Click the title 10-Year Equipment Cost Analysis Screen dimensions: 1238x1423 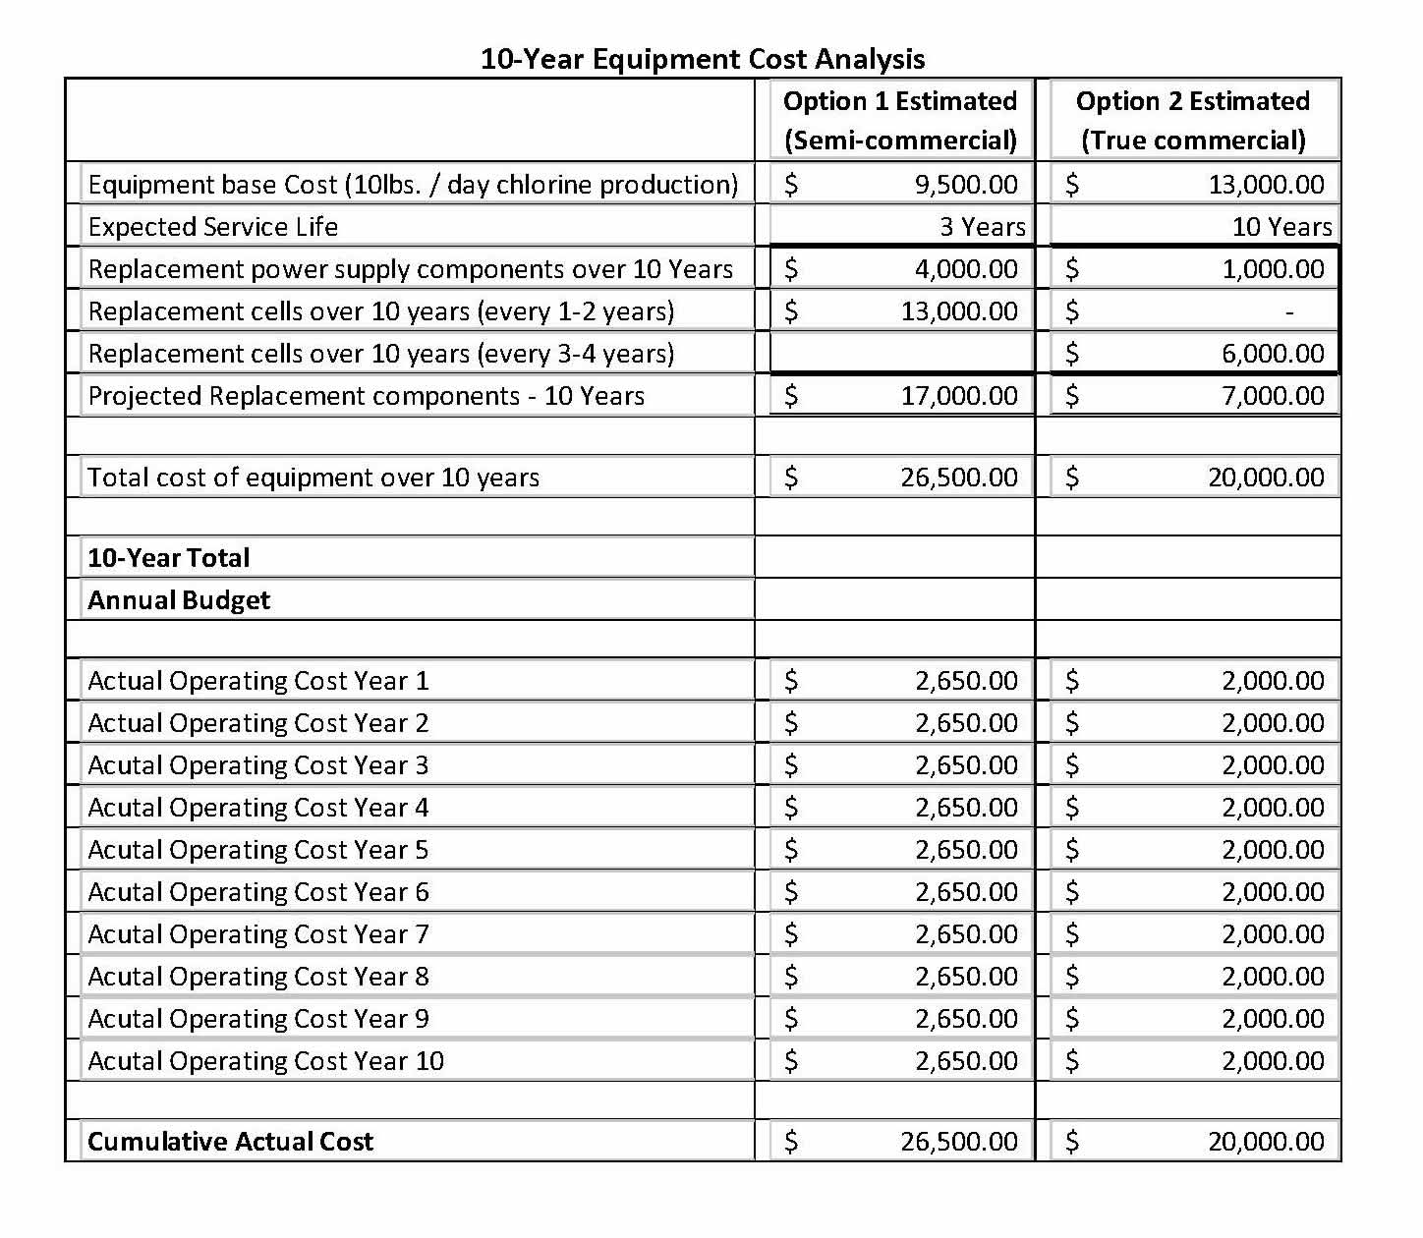703,59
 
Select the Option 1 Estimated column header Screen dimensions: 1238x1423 899,120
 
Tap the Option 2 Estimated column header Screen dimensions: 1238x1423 1192,120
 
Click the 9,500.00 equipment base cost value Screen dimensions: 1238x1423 966,185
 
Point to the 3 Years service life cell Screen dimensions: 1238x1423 982,227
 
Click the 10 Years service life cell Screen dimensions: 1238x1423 1281,227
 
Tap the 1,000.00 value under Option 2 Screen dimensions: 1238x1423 1273,269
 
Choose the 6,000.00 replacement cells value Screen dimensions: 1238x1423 1273,354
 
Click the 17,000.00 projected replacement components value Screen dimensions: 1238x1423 959,396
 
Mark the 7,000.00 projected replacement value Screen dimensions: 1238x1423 1273,396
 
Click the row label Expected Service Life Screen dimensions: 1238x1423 213,227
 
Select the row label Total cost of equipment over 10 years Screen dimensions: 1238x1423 313,478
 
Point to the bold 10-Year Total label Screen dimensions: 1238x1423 169,558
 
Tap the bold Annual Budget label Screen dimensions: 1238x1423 179,600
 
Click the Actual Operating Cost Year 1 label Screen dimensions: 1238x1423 258,681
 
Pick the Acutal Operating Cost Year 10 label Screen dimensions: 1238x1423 265,1061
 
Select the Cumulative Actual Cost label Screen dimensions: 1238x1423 231,1142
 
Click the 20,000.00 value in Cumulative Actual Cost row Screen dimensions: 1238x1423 1266,1142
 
